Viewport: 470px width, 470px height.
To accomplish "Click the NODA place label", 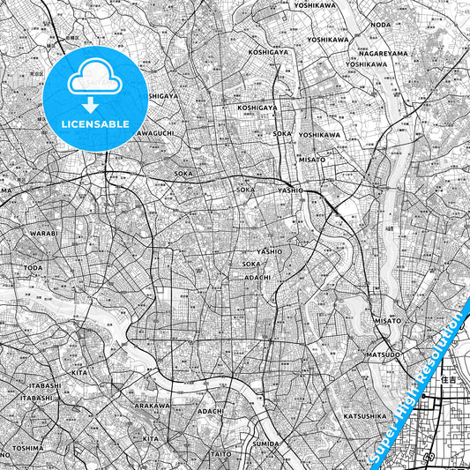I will (x=381, y=26).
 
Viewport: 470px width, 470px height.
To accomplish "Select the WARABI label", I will (x=43, y=235).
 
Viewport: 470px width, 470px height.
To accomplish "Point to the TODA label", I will (x=34, y=267).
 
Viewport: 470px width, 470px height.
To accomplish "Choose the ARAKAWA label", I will (x=152, y=406).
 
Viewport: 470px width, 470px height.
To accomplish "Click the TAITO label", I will (x=221, y=454).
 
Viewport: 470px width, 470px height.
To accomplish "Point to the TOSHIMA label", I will (x=27, y=447).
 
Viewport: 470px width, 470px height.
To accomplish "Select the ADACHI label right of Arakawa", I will (x=211, y=411).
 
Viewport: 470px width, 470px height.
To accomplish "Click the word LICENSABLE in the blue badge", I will (x=95, y=124).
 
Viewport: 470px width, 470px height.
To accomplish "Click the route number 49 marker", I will (x=429, y=458).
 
